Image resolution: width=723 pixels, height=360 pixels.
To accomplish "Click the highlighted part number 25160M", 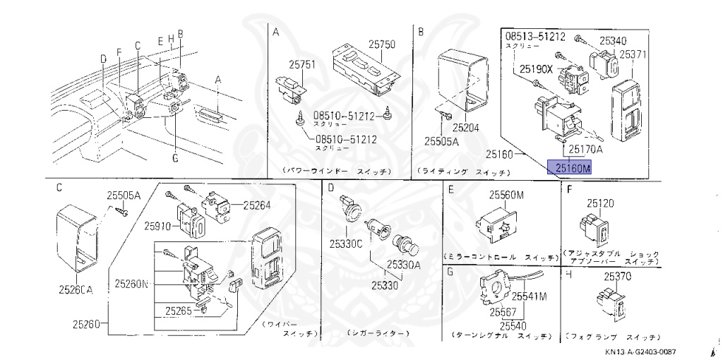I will point(573,168).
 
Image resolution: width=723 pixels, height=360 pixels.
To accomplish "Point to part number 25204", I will point(466,128).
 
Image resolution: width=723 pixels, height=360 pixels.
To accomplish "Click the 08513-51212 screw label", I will point(536,36).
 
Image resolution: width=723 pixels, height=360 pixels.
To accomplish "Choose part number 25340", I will point(613,41).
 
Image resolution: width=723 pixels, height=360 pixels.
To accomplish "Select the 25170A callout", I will point(585,150).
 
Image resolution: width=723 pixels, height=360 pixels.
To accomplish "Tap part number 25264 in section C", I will point(258,205).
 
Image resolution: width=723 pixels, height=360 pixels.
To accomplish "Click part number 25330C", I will point(346,244).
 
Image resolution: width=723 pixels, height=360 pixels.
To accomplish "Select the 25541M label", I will point(529,296).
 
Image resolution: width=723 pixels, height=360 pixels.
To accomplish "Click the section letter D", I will point(329,188).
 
